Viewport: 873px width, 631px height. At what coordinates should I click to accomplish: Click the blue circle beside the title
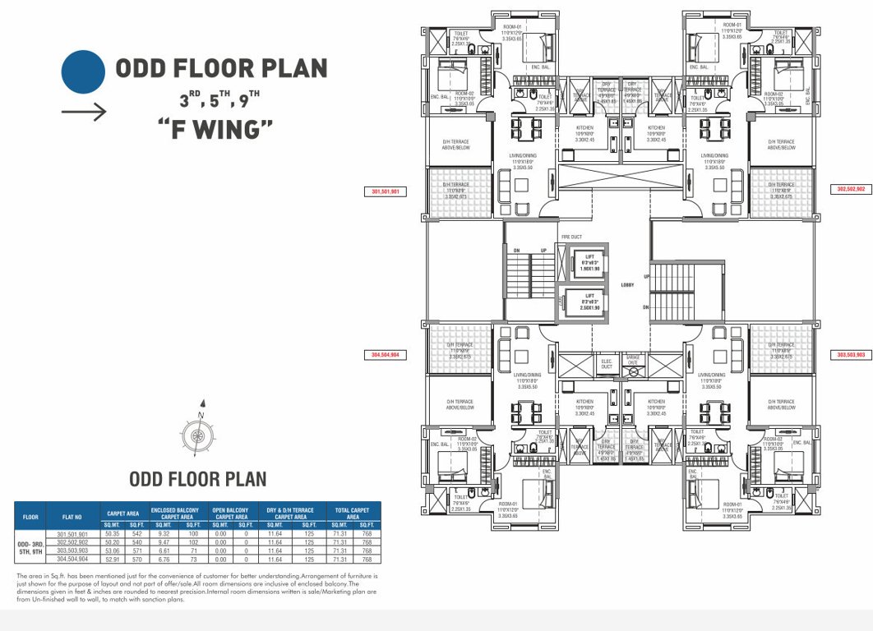point(82,71)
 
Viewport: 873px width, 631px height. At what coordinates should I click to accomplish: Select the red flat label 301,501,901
point(385,191)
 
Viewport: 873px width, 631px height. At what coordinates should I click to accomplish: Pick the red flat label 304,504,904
point(385,355)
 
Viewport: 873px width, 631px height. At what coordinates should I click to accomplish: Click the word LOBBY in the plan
point(629,283)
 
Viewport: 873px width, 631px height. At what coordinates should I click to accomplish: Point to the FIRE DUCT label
point(571,237)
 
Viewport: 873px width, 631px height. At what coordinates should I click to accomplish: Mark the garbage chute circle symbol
point(633,373)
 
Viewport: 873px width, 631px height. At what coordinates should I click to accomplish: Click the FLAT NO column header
point(72,518)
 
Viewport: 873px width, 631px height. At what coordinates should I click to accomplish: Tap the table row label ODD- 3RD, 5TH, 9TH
point(30,547)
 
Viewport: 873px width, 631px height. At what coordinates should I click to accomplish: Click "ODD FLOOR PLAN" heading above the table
point(197,479)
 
